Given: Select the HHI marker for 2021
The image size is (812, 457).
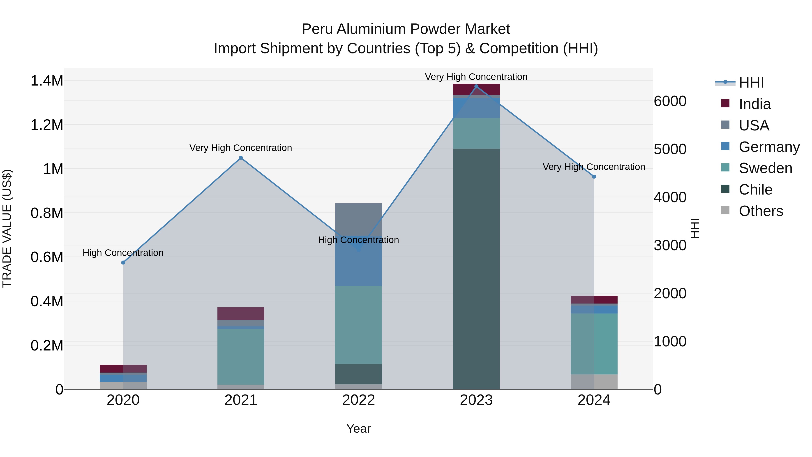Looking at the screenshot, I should [241, 158].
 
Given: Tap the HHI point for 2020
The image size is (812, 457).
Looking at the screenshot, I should [123, 262].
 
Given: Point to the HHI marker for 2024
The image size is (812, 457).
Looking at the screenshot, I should [594, 177].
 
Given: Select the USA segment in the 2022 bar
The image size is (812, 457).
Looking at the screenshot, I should [358, 219].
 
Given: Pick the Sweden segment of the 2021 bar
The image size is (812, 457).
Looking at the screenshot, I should [241, 356].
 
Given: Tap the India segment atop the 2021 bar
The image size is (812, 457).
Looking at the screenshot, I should [241, 313].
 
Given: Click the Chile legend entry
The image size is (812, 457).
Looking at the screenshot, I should [755, 190].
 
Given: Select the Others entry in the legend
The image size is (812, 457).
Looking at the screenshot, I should [761, 211].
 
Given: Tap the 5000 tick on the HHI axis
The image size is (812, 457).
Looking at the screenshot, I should [670, 149].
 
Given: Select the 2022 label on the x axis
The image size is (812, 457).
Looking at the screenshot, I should [358, 400].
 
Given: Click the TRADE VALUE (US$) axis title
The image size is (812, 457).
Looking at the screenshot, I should [7, 228].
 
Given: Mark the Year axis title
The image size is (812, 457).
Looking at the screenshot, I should [358, 429].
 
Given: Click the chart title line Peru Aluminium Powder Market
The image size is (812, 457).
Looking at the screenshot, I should [406, 29].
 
